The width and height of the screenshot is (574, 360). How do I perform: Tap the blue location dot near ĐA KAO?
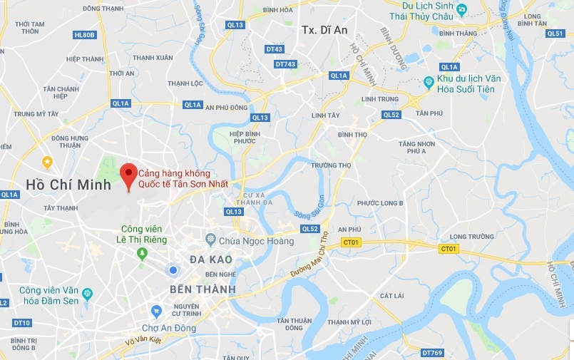coord(172,269)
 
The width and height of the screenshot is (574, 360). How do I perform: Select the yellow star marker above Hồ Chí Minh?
coord(47,162)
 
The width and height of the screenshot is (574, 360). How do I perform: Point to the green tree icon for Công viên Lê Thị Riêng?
coord(143,253)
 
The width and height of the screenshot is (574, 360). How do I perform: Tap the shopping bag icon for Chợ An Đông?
coord(157,310)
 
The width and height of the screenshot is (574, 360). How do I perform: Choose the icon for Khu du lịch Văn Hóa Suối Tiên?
coord(429,83)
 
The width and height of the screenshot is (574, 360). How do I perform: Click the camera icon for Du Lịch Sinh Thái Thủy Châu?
coord(461,9)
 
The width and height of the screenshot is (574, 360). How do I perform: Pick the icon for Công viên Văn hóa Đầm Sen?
coord(87,294)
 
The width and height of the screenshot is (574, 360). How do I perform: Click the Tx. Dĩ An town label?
coord(325,30)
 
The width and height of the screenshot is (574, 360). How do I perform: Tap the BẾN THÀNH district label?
coord(193,289)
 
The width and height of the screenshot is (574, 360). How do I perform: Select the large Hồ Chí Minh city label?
coord(68,185)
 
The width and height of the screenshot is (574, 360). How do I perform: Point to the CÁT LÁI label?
coord(392,295)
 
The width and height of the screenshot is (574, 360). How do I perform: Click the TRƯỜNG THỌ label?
coord(331,165)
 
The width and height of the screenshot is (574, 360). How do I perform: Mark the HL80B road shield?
coord(83,34)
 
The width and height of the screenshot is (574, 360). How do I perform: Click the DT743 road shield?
coord(285,64)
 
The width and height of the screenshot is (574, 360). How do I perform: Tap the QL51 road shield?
coord(555,33)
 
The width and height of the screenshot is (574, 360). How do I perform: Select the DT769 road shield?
coord(432,352)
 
